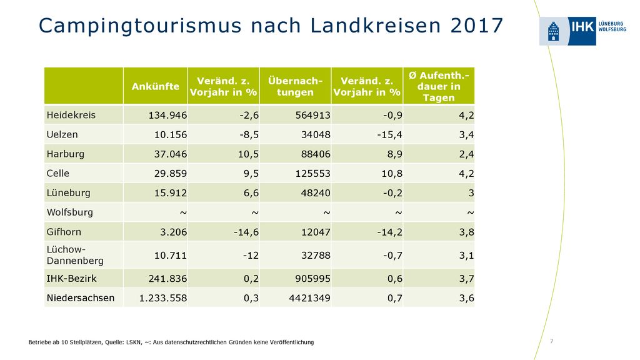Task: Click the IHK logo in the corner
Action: pos(582,31)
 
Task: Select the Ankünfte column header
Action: pos(156,86)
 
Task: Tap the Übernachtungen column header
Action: pos(295,86)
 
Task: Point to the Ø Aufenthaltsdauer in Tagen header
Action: pos(439,86)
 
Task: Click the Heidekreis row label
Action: pos(71,115)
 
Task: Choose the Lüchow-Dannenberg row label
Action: pos(75,255)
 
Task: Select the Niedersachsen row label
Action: pos(81,298)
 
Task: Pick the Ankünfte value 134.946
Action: pos(167,115)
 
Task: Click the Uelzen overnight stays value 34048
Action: pos(316,135)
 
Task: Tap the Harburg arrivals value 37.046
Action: pos(170,154)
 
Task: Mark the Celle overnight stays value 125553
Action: pos(312,174)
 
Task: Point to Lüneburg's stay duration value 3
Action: pos(471,193)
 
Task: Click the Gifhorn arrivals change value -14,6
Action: pos(246,232)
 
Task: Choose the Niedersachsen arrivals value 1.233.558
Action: pos(163,298)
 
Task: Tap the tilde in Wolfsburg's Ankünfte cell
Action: pos(183,212)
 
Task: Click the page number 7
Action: pos(551,341)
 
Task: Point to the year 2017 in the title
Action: pos(477,26)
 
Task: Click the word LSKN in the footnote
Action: pos(133,342)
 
